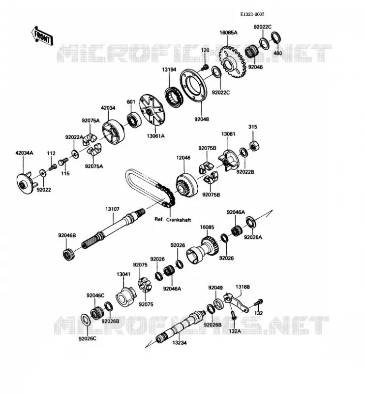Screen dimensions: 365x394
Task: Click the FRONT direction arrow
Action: tap(42, 36)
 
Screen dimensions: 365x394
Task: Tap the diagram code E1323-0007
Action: tap(252, 15)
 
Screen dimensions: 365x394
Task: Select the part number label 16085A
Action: tap(228, 33)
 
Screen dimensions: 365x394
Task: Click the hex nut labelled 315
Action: tap(254, 145)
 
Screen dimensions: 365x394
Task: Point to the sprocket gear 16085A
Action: tap(233, 61)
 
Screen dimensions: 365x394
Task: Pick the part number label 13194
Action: tap(169, 69)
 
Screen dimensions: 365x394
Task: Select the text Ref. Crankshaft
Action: tap(173, 220)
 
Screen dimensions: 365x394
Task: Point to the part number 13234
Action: tap(179, 343)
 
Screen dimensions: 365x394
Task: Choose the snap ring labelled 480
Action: tap(276, 38)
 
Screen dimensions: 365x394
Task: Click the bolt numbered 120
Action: tap(205, 67)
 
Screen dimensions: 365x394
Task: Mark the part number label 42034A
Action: tap(25, 153)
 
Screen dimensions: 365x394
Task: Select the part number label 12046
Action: tap(183, 158)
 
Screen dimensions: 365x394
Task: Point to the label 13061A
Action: tap(155, 136)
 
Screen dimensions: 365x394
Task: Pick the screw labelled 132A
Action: tap(234, 315)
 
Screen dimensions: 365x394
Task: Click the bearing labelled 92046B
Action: tap(68, 254)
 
